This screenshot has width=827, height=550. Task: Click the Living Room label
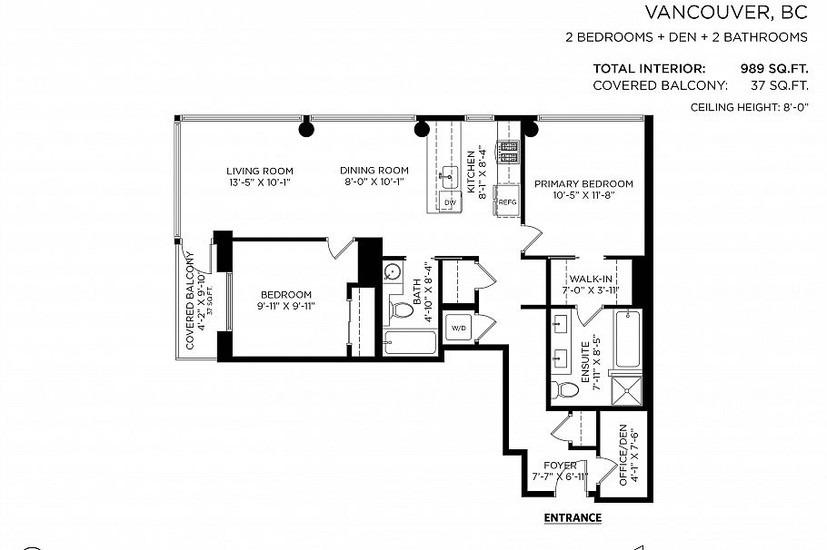point(259,171)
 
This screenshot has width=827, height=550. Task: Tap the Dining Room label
point(374,171)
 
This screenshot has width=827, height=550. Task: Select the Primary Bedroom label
point(583,184)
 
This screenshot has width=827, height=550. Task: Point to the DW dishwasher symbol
point(449,202)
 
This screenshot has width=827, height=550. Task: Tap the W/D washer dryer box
point(457,329)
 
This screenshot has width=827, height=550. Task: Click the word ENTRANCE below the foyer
point(572,518)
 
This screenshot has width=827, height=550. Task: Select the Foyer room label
point(560,465)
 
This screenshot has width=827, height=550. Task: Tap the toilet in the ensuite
point(566,390)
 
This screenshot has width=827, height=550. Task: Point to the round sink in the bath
point(393,273)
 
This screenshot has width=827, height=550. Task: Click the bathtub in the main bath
point(409,344)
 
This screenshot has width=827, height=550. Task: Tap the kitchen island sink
point(449,174)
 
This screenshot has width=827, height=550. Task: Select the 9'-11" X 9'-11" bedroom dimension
point(286,307)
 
